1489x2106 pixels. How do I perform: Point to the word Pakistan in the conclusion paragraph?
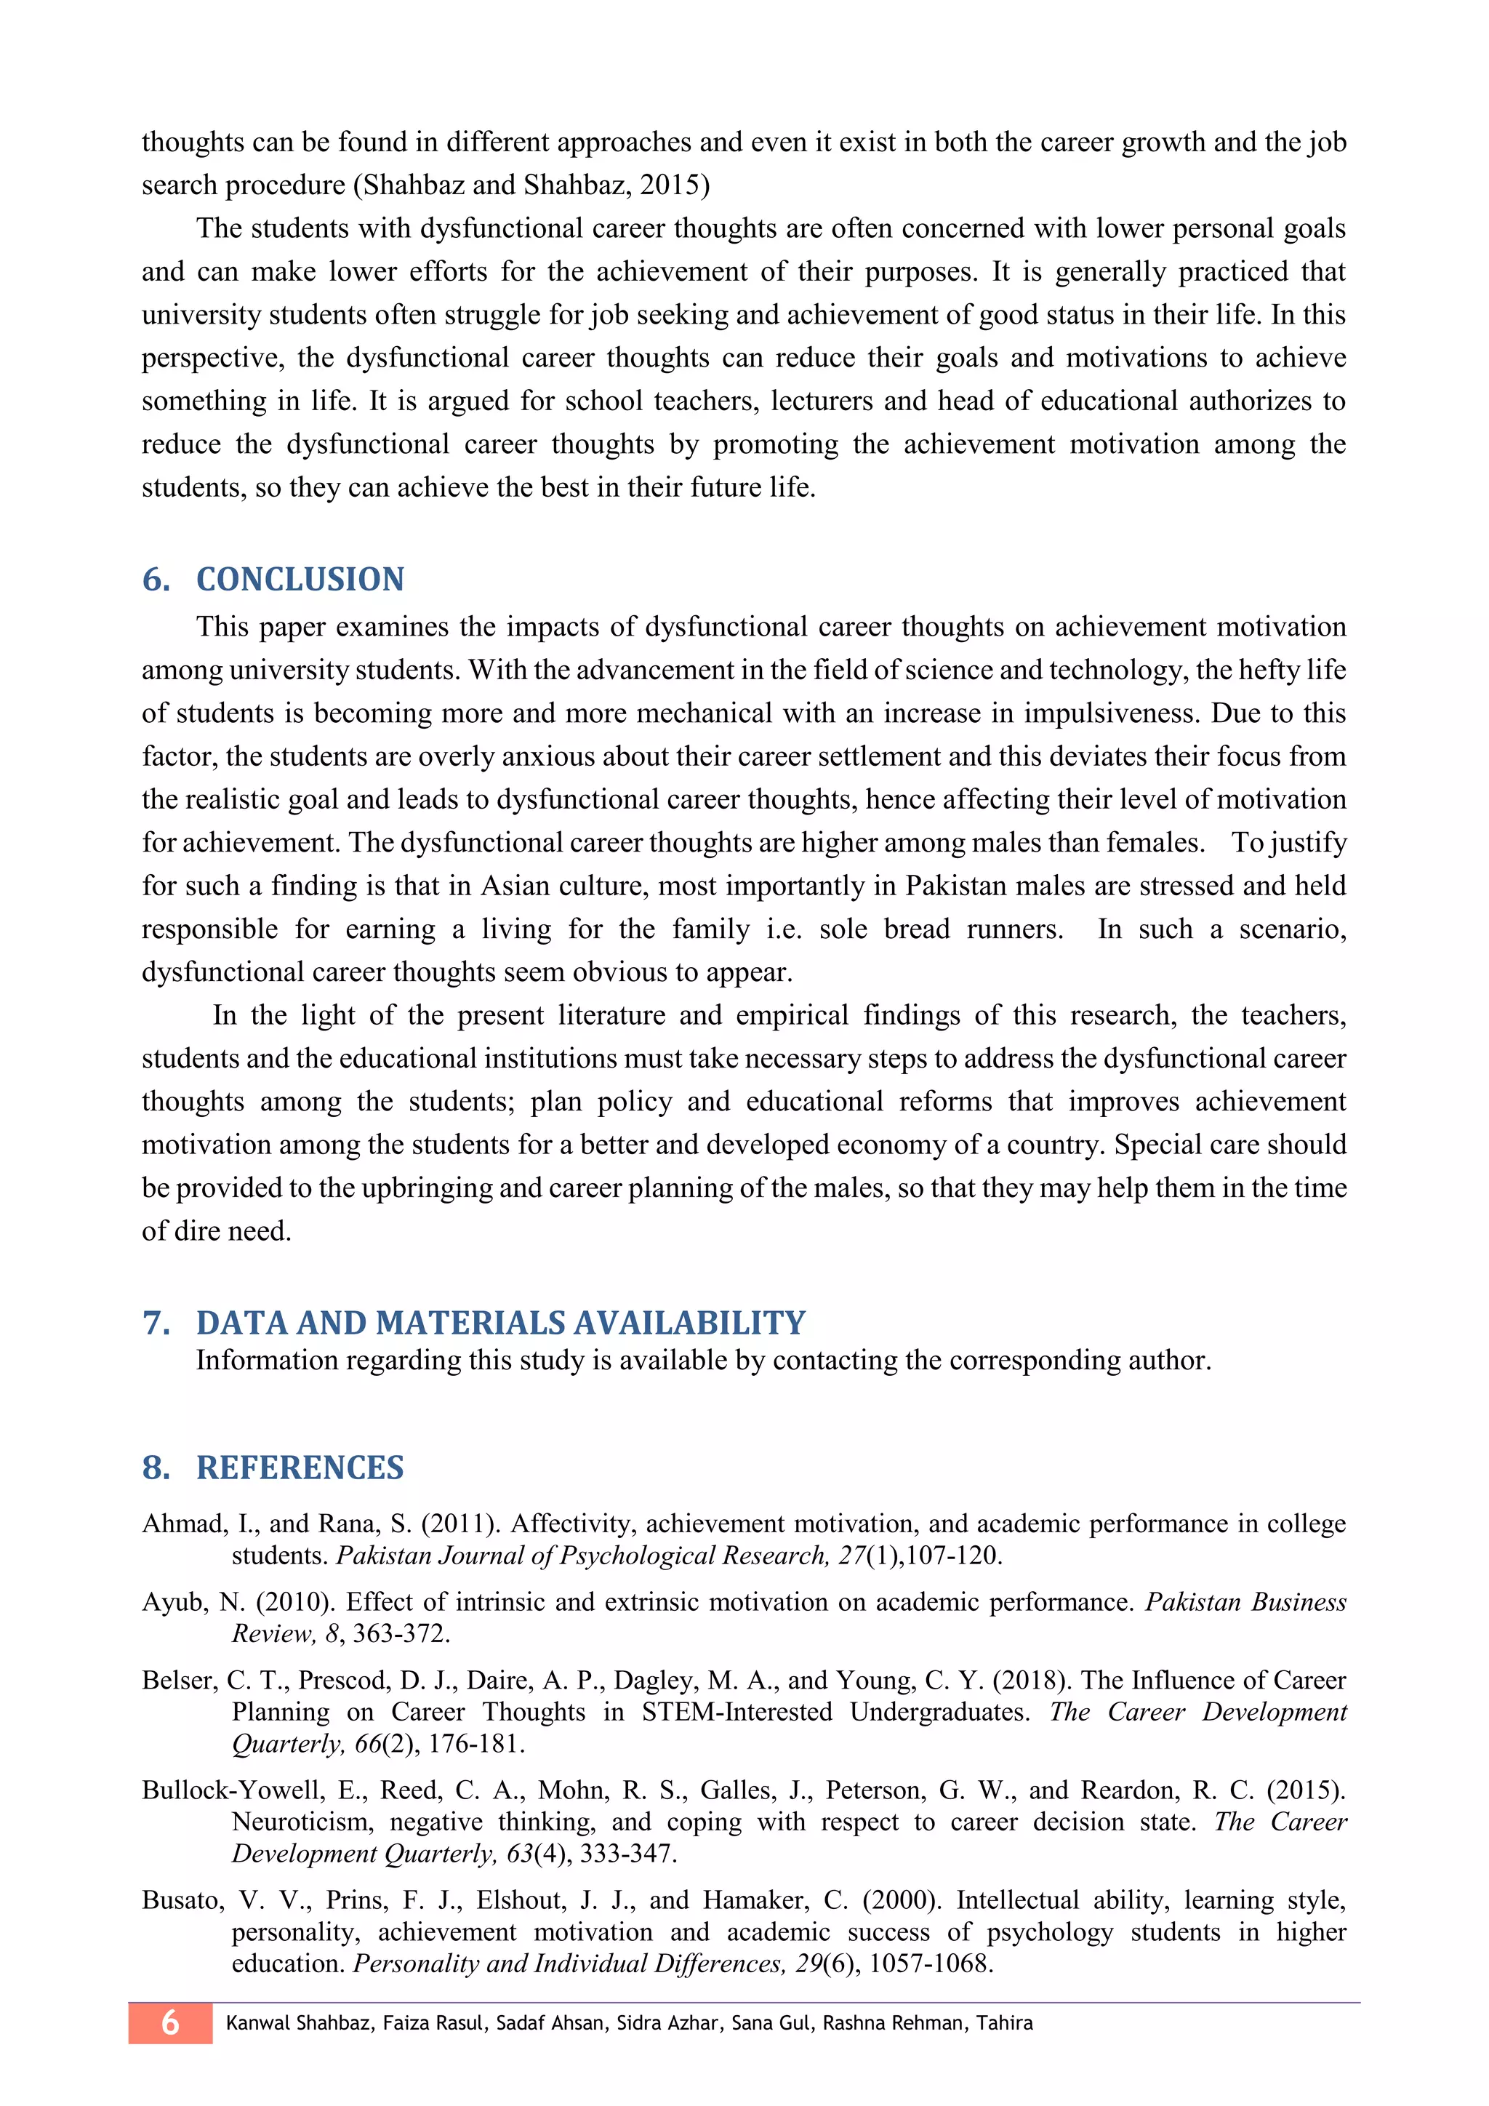(958, 886)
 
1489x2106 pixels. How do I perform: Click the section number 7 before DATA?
(156, 1323)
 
